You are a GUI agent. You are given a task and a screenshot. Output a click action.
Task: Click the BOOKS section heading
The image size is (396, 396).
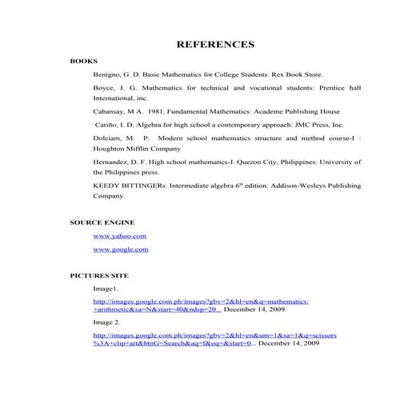tap(83, 61)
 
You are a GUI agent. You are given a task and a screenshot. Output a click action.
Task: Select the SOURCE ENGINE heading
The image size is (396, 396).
tap(102, 222)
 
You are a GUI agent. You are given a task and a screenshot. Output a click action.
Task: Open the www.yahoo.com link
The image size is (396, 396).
tap(120, 236)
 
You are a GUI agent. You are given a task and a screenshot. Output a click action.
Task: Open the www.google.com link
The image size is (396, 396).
tap(121, 250)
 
